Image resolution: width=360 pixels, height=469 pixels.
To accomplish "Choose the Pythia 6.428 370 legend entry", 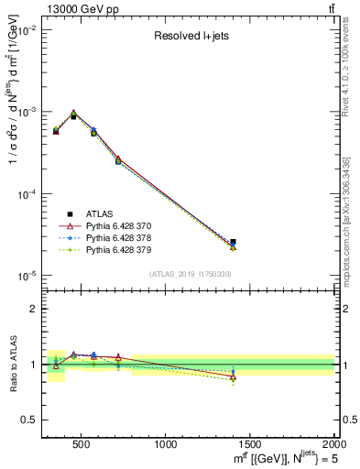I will coord(124,224).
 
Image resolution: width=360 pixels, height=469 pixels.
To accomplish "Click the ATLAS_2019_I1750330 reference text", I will coord(190,274).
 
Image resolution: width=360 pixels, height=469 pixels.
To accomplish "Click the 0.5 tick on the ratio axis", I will coord(31,420).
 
